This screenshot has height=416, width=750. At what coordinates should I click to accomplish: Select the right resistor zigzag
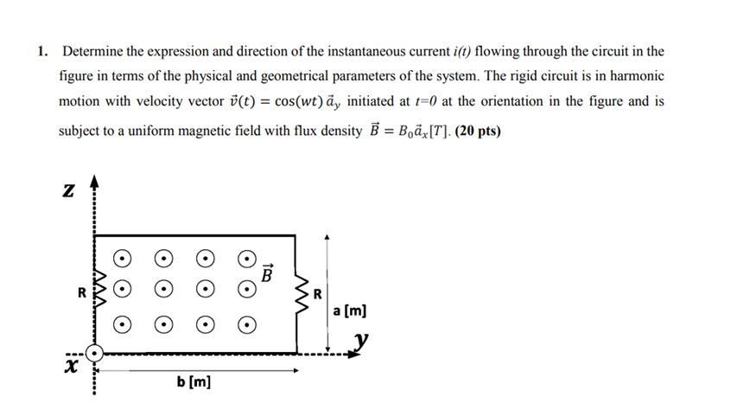coord(303,293)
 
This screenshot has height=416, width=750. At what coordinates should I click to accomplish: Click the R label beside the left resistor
coord(81,292)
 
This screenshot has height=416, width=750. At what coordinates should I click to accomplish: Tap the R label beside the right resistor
coord(318,293)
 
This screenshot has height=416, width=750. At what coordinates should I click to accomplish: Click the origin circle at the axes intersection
coord(94,353)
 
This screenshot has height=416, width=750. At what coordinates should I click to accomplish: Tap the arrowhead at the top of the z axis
coord(94,181)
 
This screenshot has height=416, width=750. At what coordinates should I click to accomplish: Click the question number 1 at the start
coord(41,51)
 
